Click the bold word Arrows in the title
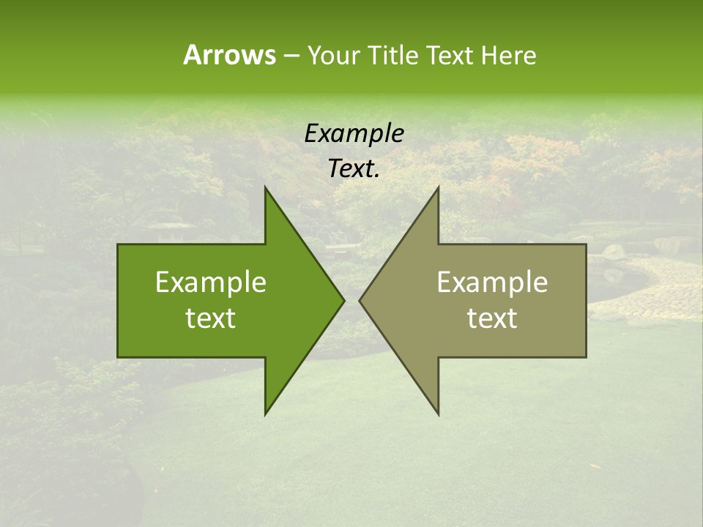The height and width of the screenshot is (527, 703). [x=229, y=55]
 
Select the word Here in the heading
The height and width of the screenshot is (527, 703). [x=508, y=55]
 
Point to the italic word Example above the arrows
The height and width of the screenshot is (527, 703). [x=354, y=133]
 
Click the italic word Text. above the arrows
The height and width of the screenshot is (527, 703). [x=354, y=169]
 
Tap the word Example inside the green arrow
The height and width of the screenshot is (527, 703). [x=211, y=282]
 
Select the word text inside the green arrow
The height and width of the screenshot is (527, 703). [x=211, y=318]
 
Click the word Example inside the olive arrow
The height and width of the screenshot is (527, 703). [x=492, y=282]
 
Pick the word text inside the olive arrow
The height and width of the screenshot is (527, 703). [x=492, y=318]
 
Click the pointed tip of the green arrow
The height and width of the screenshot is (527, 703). [x=343, y=300]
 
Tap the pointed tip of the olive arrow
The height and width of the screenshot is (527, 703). [x=360, y=300]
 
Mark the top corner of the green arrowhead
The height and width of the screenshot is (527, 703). [x=265, y=187]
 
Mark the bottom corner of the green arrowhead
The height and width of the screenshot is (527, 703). [x=265, y=414]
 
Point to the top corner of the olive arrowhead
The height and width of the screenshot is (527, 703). [x=438, y=187]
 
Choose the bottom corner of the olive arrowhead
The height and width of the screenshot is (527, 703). [x=438, y=414]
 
